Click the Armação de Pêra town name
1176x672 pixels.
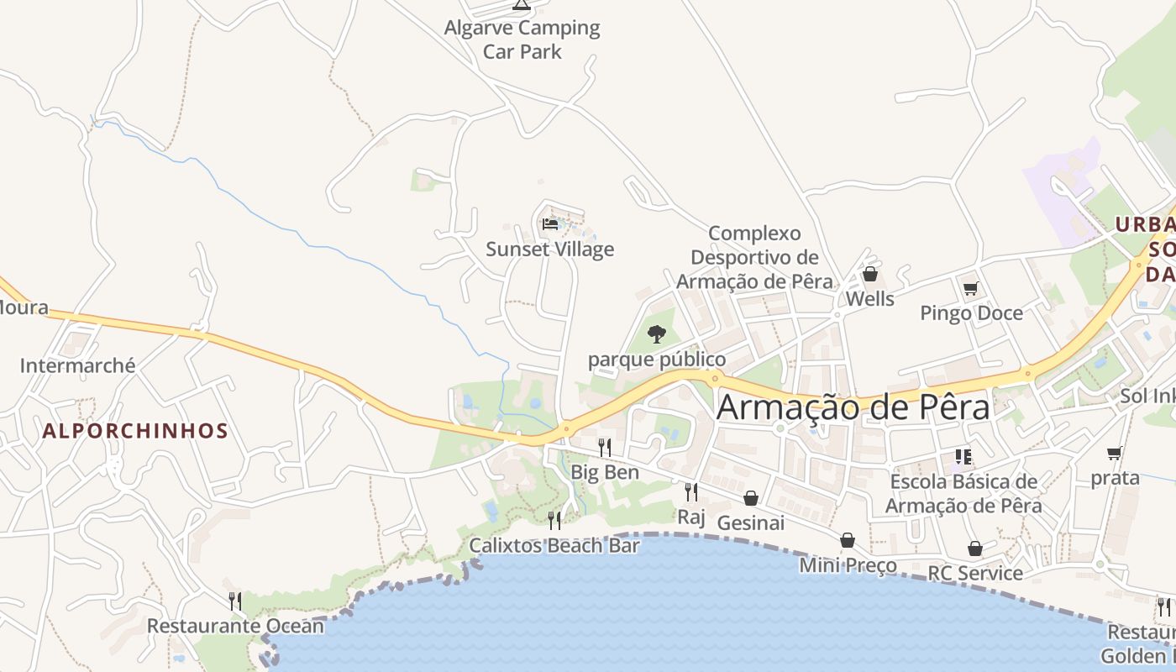coord(853,407)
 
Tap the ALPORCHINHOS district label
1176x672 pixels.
coord(135,432)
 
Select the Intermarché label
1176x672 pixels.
coord(77,365)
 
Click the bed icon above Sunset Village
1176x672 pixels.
coord(550,224)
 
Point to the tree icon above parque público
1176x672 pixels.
coord(657,334)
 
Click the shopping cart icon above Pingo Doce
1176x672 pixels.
coord(971,288)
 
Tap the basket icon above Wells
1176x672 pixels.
coord(870,274)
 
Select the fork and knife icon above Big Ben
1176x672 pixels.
coord(604,447)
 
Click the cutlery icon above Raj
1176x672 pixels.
coord(691,491)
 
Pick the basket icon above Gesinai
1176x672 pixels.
coord(751,498)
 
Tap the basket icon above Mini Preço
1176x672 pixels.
coord(848,540)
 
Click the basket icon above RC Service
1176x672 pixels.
coord(975,549)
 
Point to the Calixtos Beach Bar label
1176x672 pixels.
coord(554,545)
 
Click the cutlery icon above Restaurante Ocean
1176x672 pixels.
coord(235,601)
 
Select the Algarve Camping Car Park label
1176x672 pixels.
coord(522,39)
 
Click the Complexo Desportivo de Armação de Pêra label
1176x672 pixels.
coord(755,257)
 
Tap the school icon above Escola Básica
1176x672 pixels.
coord(963,457)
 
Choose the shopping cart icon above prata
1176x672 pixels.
coord(1115,454)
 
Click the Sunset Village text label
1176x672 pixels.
coord(550,249)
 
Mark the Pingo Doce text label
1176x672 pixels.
coord(972,313)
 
